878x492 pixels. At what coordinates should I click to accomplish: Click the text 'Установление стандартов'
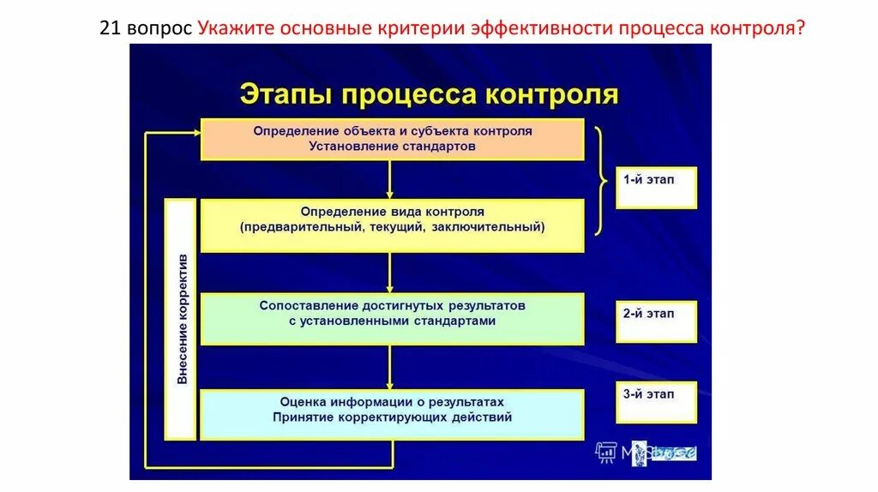coord(393,147)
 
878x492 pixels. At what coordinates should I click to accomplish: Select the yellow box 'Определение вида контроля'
coord(393,225)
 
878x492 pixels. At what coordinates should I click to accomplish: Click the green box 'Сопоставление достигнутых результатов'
coord(393,318)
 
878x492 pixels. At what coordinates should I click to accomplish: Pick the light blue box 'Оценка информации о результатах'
coord(393,413)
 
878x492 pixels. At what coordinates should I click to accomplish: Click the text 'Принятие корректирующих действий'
coord(393,418)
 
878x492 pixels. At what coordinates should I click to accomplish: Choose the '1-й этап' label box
coord(656,188)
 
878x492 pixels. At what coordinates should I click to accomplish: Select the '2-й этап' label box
coord(656,321)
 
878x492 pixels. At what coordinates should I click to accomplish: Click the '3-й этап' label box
coord(656,402)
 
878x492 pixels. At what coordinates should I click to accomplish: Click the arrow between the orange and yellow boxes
coord(390,180)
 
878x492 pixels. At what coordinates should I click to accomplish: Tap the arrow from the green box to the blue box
coord(390,368)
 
